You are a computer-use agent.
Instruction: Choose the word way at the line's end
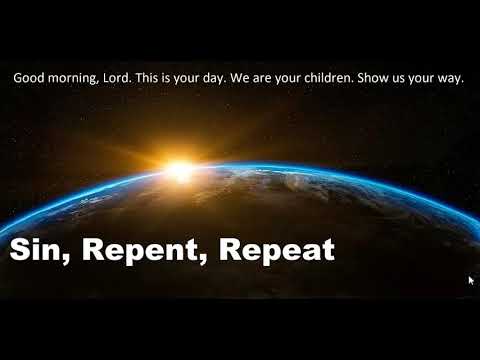[455, 78]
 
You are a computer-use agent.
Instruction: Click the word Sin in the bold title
[34, 250]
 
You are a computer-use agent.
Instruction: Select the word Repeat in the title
[276, 251]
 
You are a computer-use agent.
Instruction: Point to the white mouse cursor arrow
[471, 281]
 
